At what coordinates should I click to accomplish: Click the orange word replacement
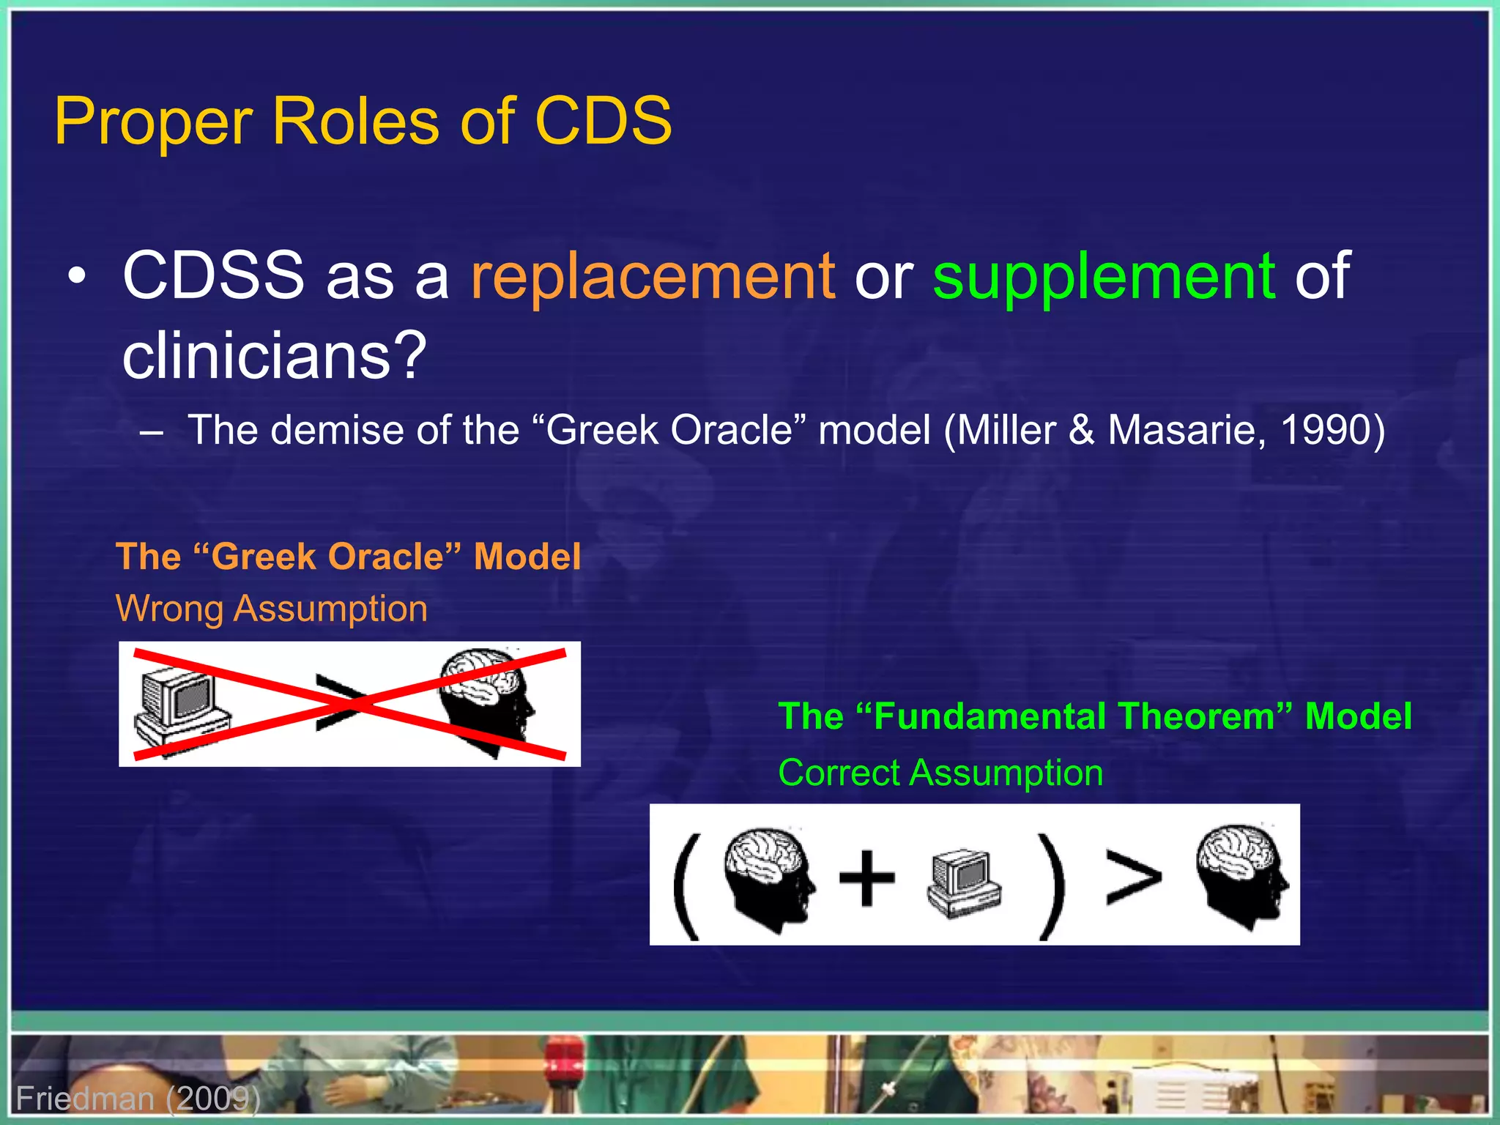[x=652, y=277]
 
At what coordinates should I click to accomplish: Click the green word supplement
[x=1103, y=277]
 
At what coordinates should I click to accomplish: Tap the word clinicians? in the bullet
[x=274, y=356]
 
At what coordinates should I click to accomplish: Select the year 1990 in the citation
[x=1325, y=430]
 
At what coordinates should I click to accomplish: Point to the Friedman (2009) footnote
[x=138, y=1099]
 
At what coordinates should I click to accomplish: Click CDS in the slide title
[x=603, y=121]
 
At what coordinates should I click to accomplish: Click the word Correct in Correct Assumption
[x=839, y=773]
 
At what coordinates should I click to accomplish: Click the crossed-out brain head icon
[x=487, y=699]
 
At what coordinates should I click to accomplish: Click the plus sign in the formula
[x=866, y=877]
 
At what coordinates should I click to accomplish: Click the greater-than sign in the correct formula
[x=1132, y=877]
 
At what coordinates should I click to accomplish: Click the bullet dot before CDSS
[x=76, y=278]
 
